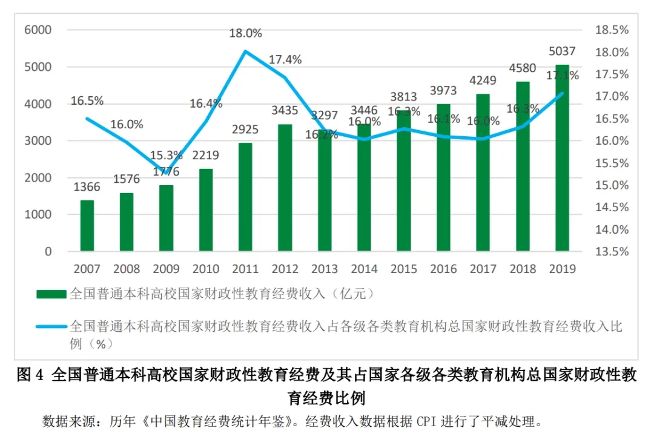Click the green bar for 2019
click(563, 157)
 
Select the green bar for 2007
click(87, 225)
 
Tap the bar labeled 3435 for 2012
click(285, 188)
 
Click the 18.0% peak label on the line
click(245, 33)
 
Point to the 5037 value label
click(563, 51)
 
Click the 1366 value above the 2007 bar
click(87, 187)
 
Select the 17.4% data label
click(285, 59)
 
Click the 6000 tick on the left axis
click(38, 30)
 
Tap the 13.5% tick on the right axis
click(612, 251)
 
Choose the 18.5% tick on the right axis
click(612, 30)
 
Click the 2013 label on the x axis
click(325, 269)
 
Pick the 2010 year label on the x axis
click(206, 269)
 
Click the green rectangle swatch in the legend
click(51, 294)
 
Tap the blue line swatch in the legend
click(51, 327)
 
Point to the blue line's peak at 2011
click(245, 51)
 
